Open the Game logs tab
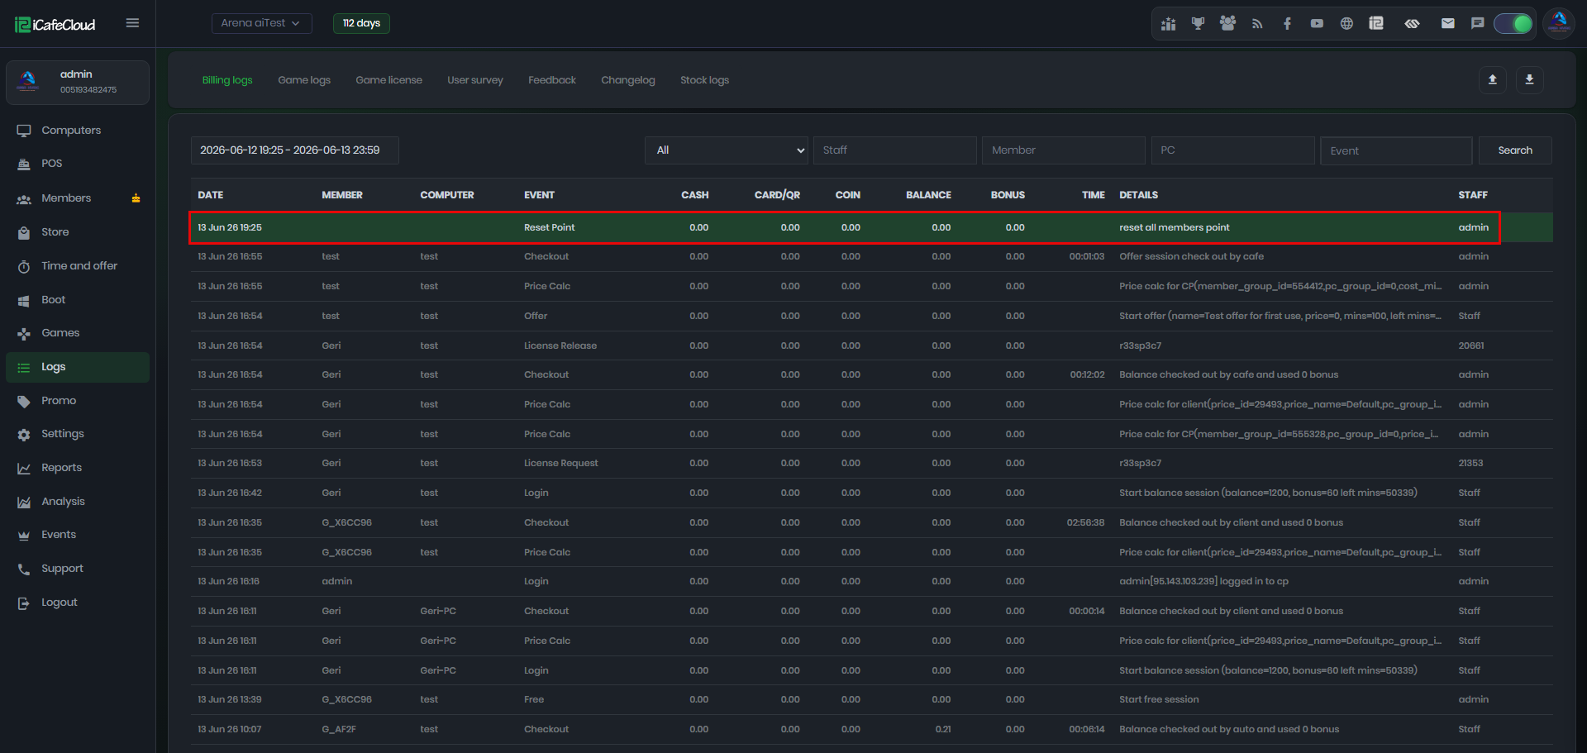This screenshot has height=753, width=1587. tap(304, 80)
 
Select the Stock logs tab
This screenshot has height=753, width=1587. tap(704, 80)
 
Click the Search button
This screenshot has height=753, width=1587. tap(1515, 150)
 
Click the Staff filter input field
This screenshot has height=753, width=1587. tap(894, 150)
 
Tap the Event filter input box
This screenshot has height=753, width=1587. tap(1396, 150)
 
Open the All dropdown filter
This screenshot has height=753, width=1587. tap(727, 150)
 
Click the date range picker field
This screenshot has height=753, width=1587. tap(294, 150)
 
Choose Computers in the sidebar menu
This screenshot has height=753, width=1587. tap(71, 131)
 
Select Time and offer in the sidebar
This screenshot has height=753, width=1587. tap(79, 266)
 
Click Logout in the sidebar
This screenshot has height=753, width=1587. tap(60, 603)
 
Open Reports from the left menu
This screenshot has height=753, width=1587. tap(62, 468)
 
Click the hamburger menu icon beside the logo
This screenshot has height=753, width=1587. tap(132, 23)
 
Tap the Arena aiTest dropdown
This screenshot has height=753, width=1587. tap(261, 23)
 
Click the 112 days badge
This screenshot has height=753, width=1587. tap(361, 23)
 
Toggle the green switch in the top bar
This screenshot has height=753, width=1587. tap(1513, 23)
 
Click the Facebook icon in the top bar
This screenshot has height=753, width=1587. tap(1287, 23)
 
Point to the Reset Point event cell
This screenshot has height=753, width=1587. tap(550, 227)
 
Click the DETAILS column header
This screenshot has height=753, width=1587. tap(1138, 195)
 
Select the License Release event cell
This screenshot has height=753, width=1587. tap(560, 346)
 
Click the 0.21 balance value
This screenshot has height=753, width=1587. tap(943, 729)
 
